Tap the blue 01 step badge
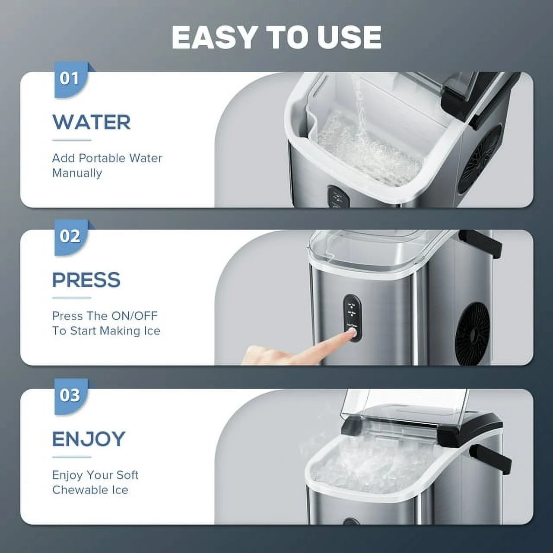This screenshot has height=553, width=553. pos(70,79)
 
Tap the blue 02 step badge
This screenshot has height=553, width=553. pos(70,237)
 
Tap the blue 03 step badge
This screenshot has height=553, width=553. pos(70,395)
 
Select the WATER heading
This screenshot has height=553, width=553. pos(91,122)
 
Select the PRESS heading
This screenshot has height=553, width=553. pos(86,280)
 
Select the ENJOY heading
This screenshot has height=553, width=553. pos(89,439)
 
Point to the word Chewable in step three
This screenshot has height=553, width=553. pos(76,490)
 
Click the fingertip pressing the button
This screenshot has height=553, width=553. pos(350,333)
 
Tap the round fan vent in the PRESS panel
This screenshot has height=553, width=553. pos(474,328)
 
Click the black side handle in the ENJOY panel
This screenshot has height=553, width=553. pos(490,460)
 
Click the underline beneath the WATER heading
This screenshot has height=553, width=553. pos(72,140)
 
